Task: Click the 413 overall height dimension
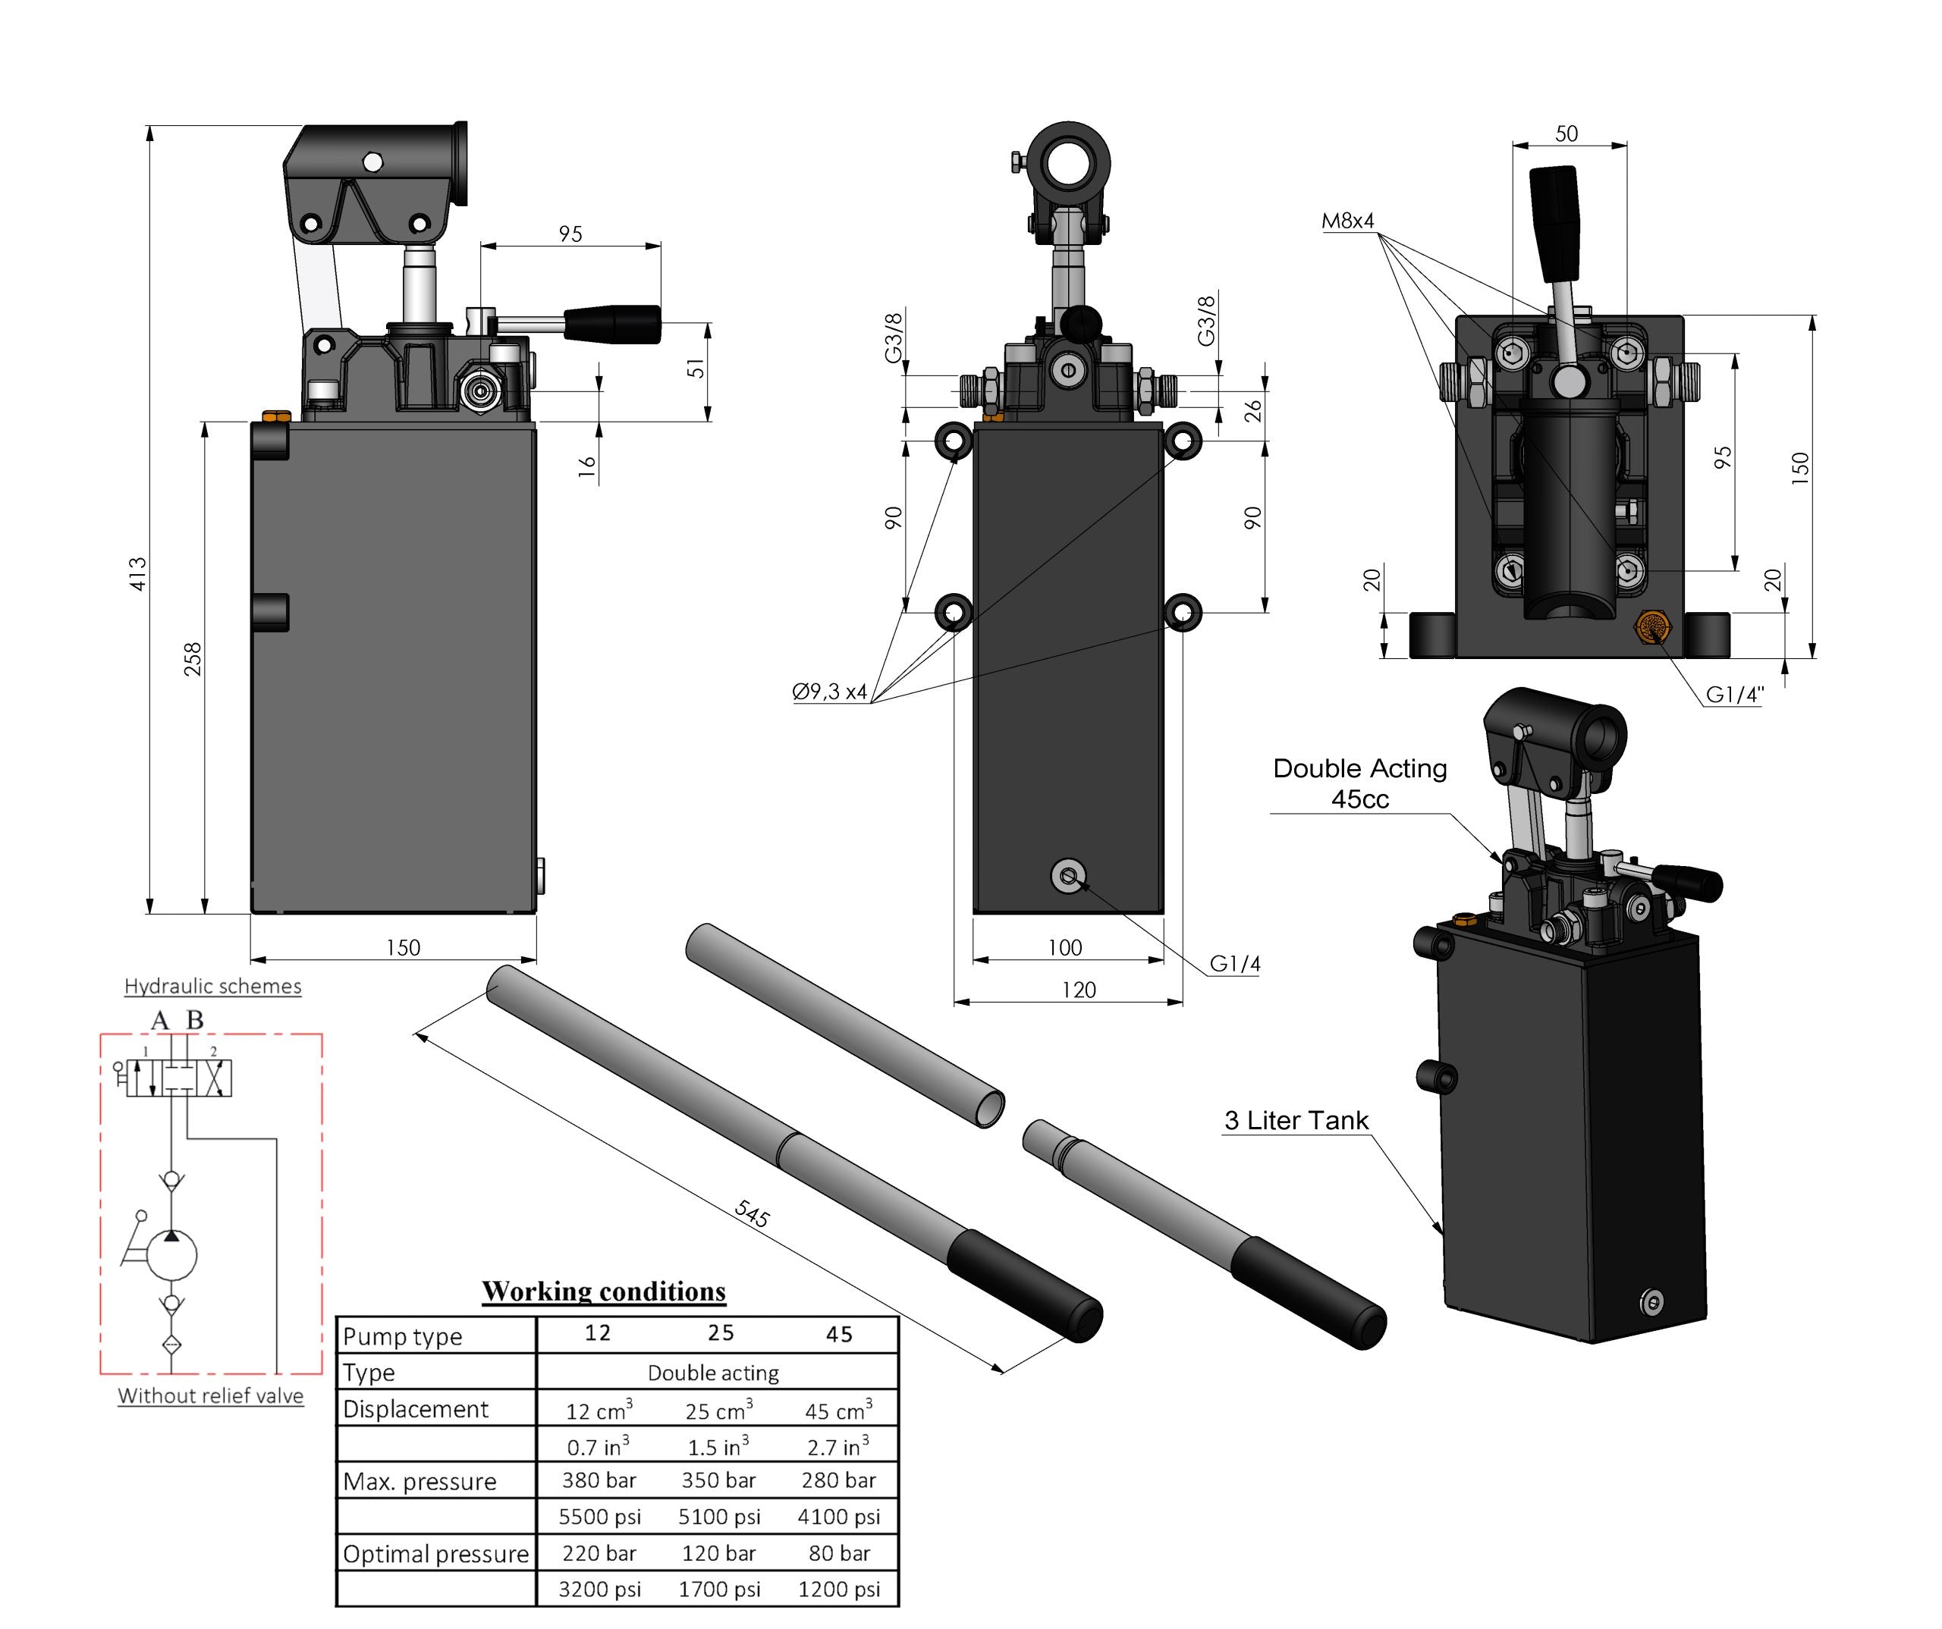[x=138, y=574]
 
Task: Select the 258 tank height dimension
[x=193, y=659]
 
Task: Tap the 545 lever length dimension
[x=752, y=1213]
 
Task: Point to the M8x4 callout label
[x=1347, y=221]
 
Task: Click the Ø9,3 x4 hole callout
[x=829, y=692]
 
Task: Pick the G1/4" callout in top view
[x=1735, y=695]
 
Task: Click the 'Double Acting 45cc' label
[x=1359, y=783]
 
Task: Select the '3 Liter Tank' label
[x=1296, y=1121]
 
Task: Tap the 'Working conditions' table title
[x=604, y=1292]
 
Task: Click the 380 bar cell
[x=599, y=1480]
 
